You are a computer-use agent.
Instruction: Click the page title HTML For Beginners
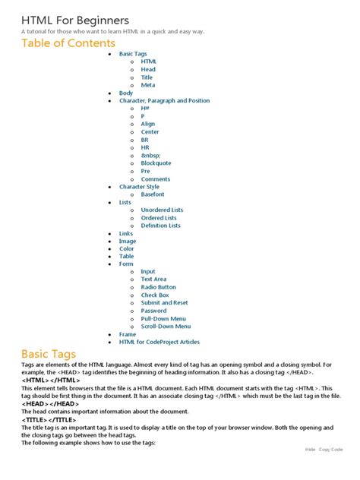(75, 20)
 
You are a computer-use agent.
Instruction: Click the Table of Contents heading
(68, 43)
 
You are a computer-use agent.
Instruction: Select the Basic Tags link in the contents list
(133, 54)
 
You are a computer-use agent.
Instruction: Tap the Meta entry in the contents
(147, 85)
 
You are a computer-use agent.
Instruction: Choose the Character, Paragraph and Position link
(164, 100)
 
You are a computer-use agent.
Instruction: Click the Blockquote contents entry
(156, 163)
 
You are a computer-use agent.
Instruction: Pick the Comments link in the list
(155, 179)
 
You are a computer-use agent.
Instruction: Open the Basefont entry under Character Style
(152, 194)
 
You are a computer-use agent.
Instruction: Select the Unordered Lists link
(162, 210)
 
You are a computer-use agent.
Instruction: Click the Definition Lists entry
(160, 226)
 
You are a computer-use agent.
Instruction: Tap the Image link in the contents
(128, 241)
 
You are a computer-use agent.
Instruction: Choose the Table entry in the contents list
(126, 257)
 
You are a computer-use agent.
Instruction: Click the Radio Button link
(158, 287)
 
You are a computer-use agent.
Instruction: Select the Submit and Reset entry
(164, 303)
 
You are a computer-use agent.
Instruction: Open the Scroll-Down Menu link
(166, 327)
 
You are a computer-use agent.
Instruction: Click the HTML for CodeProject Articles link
(159, 342)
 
